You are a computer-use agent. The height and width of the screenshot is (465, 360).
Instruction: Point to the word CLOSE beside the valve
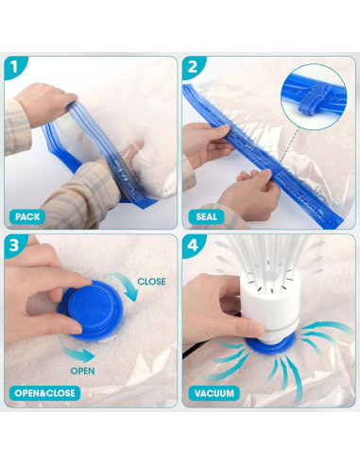151,281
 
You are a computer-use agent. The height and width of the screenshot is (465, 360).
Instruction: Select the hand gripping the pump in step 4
218,302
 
